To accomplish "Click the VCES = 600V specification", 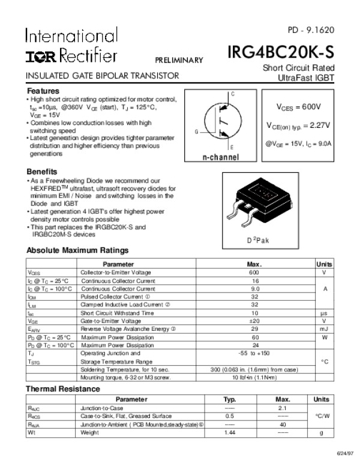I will tap(298, 107).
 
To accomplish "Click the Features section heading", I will tap(43, 91).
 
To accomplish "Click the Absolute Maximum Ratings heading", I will tap(77, 250).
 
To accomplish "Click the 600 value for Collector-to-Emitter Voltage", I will tap(254, 272).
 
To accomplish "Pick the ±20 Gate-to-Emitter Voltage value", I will tap(254, 321).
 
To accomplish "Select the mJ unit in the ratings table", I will tap(323, 329).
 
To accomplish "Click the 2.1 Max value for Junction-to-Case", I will tap(283, 408).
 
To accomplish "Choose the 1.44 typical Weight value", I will tap(229, 432).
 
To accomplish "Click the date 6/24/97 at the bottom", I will tap(345, 455).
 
